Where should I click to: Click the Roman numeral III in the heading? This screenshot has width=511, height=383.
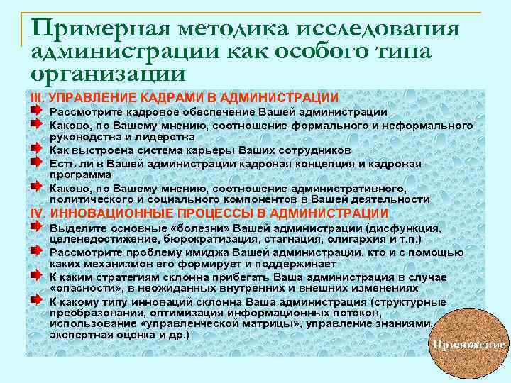click(37, 97)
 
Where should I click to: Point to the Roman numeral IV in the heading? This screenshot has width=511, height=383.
click(38, 213)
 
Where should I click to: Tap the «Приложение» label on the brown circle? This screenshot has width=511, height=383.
click(469, 345)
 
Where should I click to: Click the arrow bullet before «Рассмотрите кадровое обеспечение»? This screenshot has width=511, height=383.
click(36, 111)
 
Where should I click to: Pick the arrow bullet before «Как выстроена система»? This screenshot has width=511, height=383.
click(36, 150)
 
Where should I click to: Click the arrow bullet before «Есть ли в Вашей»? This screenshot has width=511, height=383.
click(36, 163)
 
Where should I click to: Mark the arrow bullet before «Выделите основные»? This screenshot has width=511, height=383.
click(36, 228)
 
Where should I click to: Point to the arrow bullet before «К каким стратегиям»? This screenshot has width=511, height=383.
click(36, 276)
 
